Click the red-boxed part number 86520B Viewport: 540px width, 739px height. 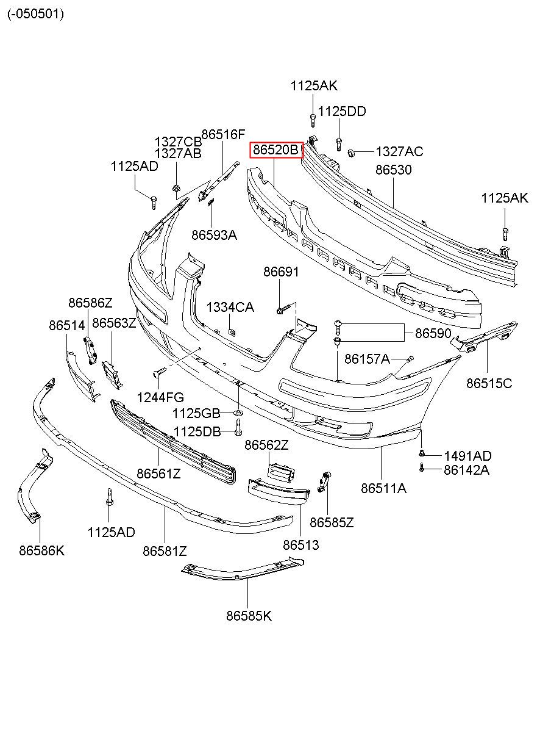point(275,150)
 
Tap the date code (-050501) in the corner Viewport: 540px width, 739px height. point(36,14)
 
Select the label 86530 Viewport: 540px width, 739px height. point(394,170)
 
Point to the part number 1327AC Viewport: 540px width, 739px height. point(399,152)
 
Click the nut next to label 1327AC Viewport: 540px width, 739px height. point(351,153)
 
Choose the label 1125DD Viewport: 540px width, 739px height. point(342,112)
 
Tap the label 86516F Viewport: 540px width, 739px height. point(224,134)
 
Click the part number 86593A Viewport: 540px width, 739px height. point(214,235)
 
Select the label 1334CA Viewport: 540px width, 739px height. point(230,308)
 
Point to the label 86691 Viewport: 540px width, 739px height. point(281,272)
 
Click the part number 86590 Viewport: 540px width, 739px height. point(433,333)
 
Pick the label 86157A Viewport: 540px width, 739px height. point(367,359)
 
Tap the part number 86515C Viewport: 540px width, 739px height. point(489,383)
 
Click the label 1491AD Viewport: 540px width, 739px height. point(467,456)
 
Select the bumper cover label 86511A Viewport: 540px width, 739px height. point(383,488)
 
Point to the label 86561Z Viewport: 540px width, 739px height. point(158,474)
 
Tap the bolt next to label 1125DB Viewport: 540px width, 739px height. point(238,427)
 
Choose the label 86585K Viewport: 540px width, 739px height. point(249,616)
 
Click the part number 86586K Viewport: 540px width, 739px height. point(42,550)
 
